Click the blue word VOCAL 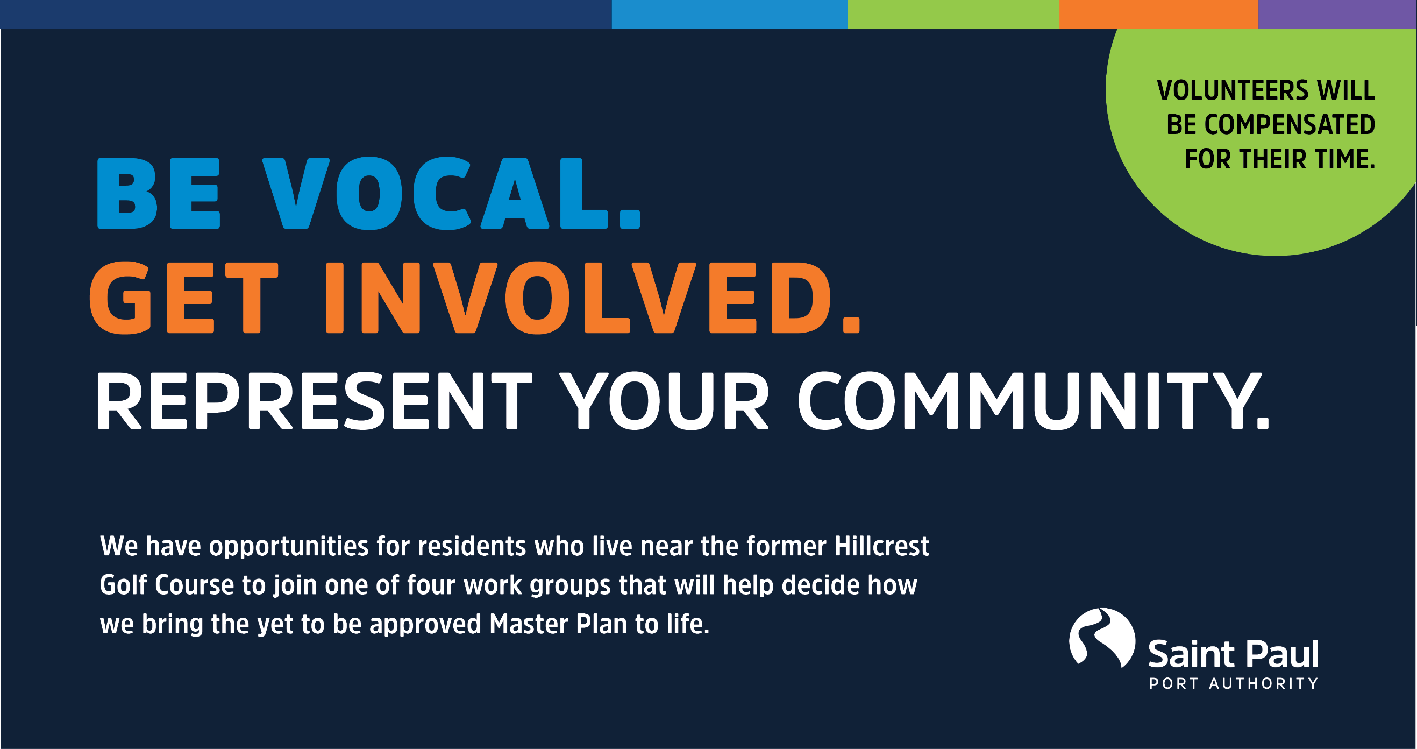(x=452, y=193)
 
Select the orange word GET (x=184, y=298)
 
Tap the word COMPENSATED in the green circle (x=1290, y=124)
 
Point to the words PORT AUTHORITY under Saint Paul (x=1234, y=683)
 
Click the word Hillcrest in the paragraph (x=882, y=546)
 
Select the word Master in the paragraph (x=529, y=624)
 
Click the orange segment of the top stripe (x=1158, y=15)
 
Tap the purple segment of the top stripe (x=1337, y=15)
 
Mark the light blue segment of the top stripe (x=729, y=15)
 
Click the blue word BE (x=159, y=193)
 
